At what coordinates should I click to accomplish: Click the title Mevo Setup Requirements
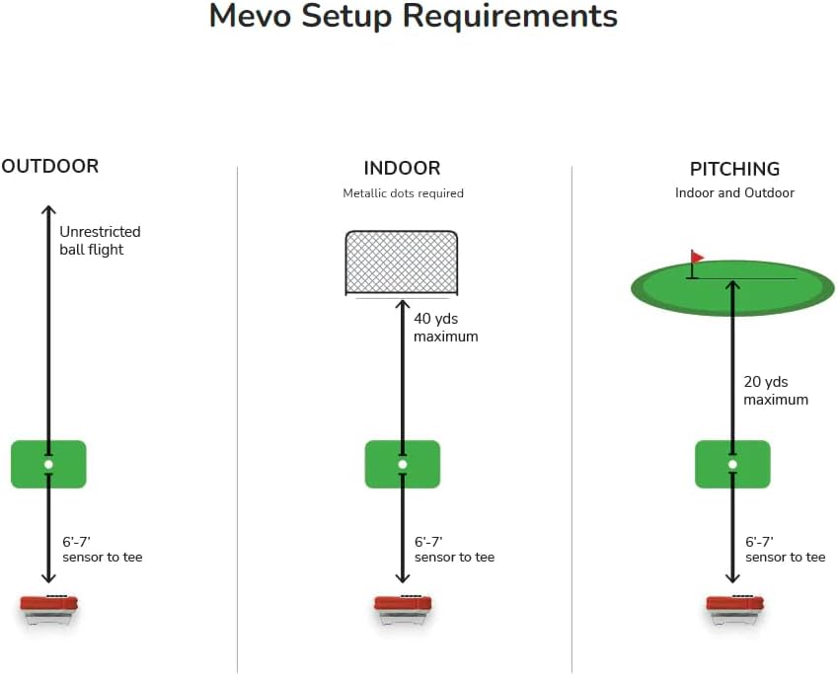point(414,17)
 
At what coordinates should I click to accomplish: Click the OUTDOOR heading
point(50,166)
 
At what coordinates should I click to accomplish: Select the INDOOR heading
point(402,168)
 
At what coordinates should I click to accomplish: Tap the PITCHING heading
point(734,169)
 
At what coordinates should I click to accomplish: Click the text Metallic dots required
point(403,193)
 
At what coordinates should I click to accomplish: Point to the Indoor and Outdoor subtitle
point(734,192)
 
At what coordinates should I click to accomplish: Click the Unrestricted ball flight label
point(100,241)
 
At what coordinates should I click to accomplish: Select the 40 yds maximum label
point(445,328)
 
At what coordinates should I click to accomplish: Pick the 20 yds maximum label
point(776,391)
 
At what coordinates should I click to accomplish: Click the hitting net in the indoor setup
point(402,262)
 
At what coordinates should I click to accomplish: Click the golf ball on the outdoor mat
point(48,464)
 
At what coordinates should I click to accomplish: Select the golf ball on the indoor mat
point(402,464)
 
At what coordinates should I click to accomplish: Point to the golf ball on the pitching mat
point(732,464)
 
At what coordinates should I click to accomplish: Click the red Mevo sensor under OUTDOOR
point(49,606)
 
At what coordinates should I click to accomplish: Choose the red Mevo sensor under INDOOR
point(403,606)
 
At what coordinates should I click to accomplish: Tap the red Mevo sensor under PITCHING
point(734,606)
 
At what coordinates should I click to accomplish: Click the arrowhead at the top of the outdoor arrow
point(47,209)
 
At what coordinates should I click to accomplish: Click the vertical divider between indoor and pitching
point(571,414)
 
